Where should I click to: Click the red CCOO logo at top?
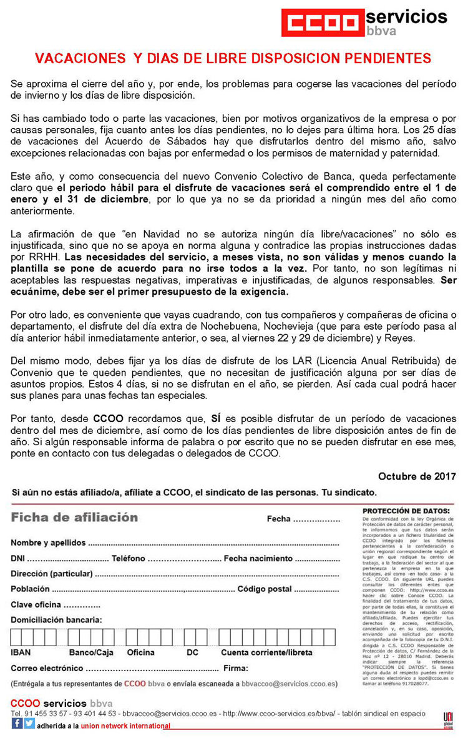pyautogui.click(x=321, y=22)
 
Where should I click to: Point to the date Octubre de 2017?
pyautogui.click(x=417, y=476)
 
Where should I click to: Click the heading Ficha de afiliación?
pyautogui.click(x=74, y=518)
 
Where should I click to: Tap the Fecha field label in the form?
pyautogui.click(x=278, y=519)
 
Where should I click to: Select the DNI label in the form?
pyautogui.click(x=17, y=558)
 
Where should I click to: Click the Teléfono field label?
pyautogui.click(x=129, y=558)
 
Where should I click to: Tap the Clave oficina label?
pyautogui.click(x=36, y=604)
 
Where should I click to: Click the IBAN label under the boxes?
pyautogui.click(x=21, y=652)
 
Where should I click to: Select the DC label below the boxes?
pyautogui.click(x=192, y=652)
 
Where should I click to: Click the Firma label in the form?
pyautogui.click(x=235, y=668)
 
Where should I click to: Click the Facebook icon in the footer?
pyautogui.click(x=17, y=724)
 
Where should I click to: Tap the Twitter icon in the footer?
pyautogui.click(x=29, y=724)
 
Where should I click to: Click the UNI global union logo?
pyautogui.click(x=447, y=719)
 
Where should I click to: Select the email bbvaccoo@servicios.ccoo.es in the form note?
pyautogui.click(x=290, y=684)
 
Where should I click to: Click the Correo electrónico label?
pyautogui.click(x=42, y=668)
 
